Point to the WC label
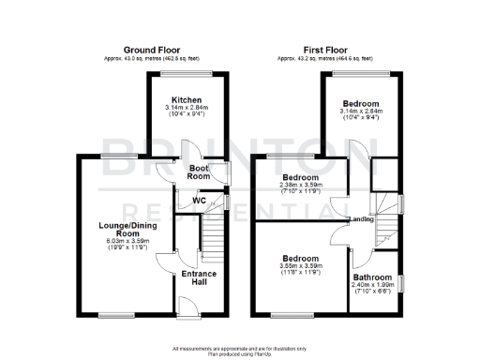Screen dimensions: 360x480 pyautogui.click(x=199, y=201)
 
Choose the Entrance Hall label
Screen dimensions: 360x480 pyautogui.click(x=199, y=277)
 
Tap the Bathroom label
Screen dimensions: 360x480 pyautogui.click(x=372, y=277)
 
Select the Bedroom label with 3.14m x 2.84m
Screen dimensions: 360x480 pyautogui.click(x=361, y=103)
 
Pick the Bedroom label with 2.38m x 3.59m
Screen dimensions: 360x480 pyautogui.click(x=301, y=177)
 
